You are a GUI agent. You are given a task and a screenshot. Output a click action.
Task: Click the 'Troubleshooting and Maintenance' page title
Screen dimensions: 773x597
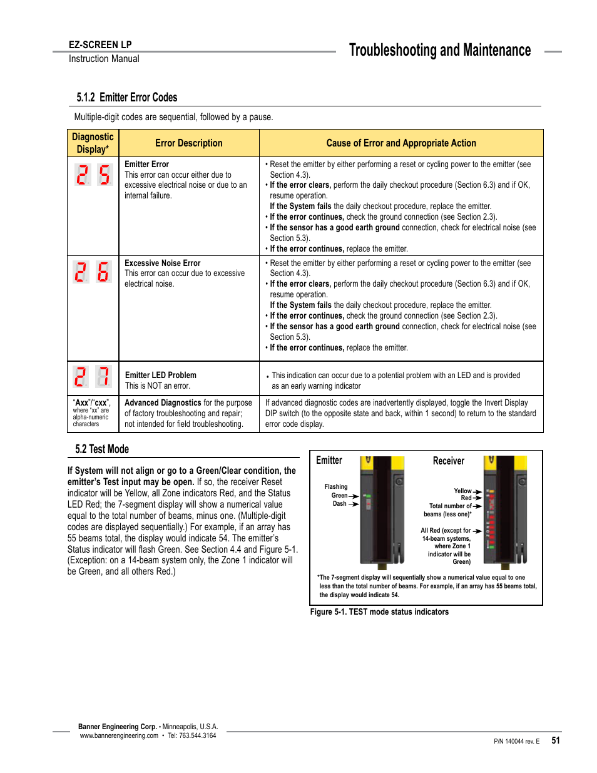click(x=439, y=51)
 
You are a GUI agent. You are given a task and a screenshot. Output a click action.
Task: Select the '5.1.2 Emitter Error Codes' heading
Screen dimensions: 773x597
click(x=127, y=98)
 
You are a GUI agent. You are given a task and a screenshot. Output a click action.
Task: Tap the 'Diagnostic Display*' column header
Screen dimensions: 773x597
click(x=93, y=143)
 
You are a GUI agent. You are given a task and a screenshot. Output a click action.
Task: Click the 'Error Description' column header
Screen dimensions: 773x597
click(x=188, y=143)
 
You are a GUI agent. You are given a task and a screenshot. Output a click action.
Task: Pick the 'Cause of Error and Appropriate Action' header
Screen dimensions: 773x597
click(x=401, y=143)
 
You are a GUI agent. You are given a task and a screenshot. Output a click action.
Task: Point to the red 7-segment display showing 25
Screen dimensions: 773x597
click(x=93, y=175)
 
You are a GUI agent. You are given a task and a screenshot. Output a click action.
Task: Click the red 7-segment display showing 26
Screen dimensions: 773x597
click(x=93, y=272)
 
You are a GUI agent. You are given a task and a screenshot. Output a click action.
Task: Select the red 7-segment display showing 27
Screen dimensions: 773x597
click(x=93, y=377)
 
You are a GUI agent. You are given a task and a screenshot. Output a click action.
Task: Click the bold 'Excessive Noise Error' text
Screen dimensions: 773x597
click(x=163, y=264)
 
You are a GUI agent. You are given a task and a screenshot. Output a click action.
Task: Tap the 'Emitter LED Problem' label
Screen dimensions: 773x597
click(x=161, y=376)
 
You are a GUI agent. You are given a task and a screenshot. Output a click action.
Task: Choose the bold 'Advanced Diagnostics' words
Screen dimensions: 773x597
click(x=163, y=403)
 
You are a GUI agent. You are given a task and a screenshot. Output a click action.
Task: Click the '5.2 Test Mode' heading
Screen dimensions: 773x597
click(x=102, y=449)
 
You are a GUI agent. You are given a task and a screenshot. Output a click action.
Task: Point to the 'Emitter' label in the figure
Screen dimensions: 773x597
click(x=329, y=461)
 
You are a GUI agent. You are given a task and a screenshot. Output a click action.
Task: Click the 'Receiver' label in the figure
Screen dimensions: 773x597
click(x=449, y=461)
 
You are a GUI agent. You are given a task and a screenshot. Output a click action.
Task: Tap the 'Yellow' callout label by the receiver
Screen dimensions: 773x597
click(x=463, y=491)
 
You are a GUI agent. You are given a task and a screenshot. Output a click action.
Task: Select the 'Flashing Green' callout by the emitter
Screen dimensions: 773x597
click(x=336, y=491)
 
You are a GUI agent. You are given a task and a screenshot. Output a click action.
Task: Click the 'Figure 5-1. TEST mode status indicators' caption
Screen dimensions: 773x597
click(x=379, y=612)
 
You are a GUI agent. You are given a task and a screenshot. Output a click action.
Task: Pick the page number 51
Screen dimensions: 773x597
click(x=556, y=740)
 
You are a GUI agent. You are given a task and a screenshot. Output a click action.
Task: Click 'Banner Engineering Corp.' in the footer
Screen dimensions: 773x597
click(x=118, y=727)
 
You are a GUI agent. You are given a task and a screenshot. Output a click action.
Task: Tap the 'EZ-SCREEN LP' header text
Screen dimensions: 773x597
click(x=100, y=45)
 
